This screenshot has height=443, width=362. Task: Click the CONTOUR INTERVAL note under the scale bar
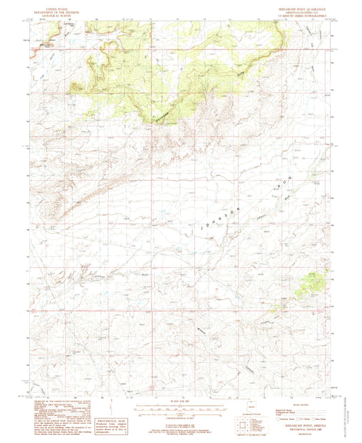pos(181,415)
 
